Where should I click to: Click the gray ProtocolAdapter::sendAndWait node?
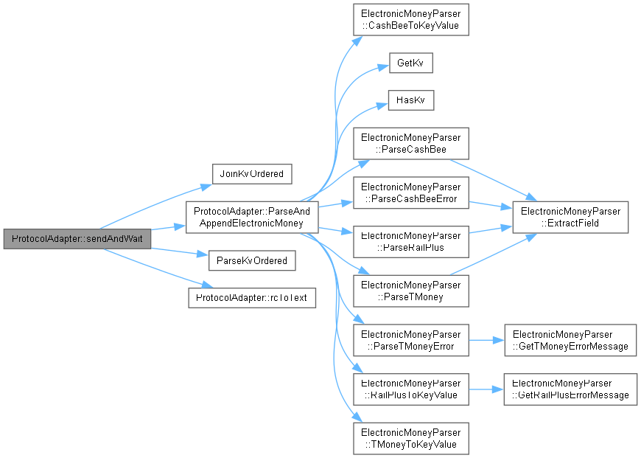point(77,239)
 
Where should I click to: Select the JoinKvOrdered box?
point(252,174)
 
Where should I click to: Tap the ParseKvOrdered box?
point(252,261)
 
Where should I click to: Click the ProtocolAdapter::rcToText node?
point(252,297)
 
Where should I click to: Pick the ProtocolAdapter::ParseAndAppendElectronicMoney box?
point(252,218)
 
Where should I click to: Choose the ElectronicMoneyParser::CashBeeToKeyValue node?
point(411,20)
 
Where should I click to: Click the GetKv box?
point(411,63)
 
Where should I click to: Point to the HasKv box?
point(411,100)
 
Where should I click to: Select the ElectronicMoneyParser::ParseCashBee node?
point(411,144)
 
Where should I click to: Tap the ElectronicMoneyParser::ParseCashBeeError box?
point(411,192)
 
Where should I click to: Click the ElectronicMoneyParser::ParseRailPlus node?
point(411,242)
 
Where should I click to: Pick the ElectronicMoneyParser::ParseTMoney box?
point(411,291)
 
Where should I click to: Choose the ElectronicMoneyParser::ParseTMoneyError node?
point(411,340)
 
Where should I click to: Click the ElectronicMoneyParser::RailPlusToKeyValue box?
point(411,389)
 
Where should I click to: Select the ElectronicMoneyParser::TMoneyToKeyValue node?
point(411,438)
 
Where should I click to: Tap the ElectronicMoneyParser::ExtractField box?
point(570,218)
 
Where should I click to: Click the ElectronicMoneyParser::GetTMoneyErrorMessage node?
point(570,340)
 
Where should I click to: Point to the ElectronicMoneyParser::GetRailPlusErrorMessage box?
point(570,389)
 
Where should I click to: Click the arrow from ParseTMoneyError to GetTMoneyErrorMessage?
point(486,340)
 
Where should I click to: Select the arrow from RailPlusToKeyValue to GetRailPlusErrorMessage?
point(486,389)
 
